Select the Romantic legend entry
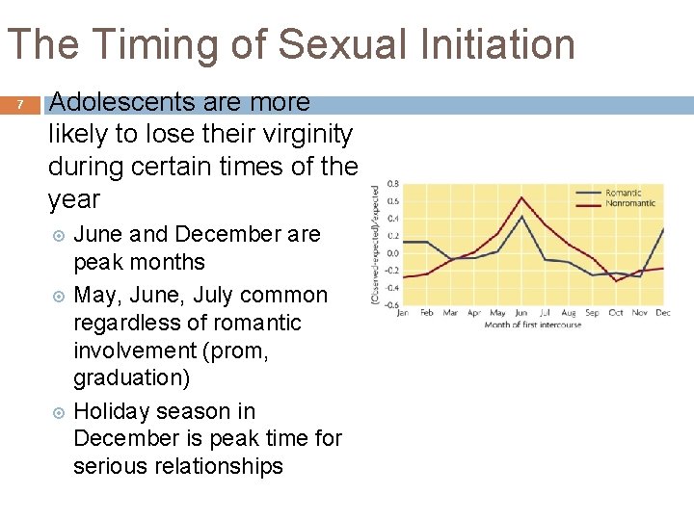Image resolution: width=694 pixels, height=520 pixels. point(623,193)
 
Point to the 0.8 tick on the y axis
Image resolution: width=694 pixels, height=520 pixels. point(393,183)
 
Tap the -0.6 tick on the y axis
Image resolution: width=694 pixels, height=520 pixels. point(392,305)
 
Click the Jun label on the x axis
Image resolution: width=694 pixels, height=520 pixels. point(521,313)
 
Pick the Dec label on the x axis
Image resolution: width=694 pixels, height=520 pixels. point(663,313)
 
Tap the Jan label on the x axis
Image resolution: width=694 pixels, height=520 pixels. point(403,313)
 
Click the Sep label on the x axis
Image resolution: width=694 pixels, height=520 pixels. point(592,313)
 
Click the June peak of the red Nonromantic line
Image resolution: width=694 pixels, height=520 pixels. point(521,197)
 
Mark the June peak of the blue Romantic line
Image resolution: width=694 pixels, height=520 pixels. point(521,217)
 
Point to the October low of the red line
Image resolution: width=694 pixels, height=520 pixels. point(616,280)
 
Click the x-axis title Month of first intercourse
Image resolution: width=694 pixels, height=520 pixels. point(532,325)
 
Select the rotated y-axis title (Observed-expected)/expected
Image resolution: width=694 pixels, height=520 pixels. point(375,246)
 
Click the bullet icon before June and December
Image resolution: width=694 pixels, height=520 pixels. point(58,235)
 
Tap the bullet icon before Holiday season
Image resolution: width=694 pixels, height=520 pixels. point(58,412)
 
